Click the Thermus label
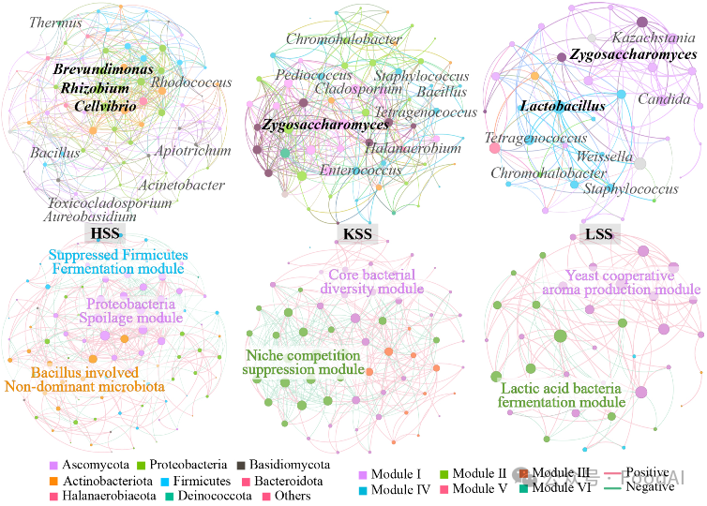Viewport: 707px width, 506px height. tap(55, 22)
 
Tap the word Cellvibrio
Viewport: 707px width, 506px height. tap(105, 107)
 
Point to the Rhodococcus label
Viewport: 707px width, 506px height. tap(191, 83)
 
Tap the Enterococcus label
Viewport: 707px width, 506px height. tap(362, 171)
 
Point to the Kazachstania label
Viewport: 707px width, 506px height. tap(654, 38)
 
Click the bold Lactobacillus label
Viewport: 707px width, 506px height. tap(563, 107)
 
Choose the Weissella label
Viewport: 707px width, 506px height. tap(605, 156)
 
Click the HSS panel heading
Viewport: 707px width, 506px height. tap(105, 233)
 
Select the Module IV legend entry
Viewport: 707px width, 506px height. tap(395, 489)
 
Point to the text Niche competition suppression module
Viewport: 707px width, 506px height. tap(302, 364)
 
